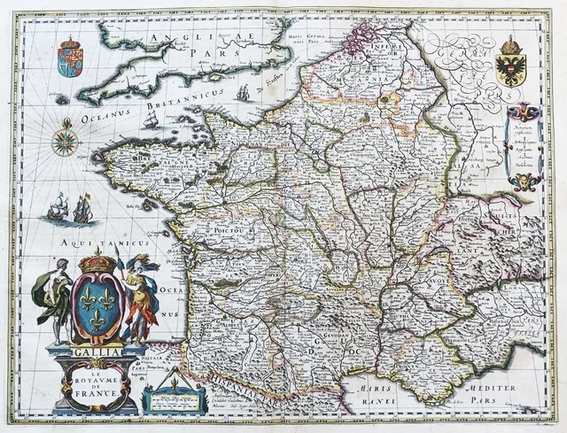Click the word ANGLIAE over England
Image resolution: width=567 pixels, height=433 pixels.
coord(179,37)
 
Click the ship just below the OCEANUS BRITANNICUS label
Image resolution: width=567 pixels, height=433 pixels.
coord(151,121)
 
